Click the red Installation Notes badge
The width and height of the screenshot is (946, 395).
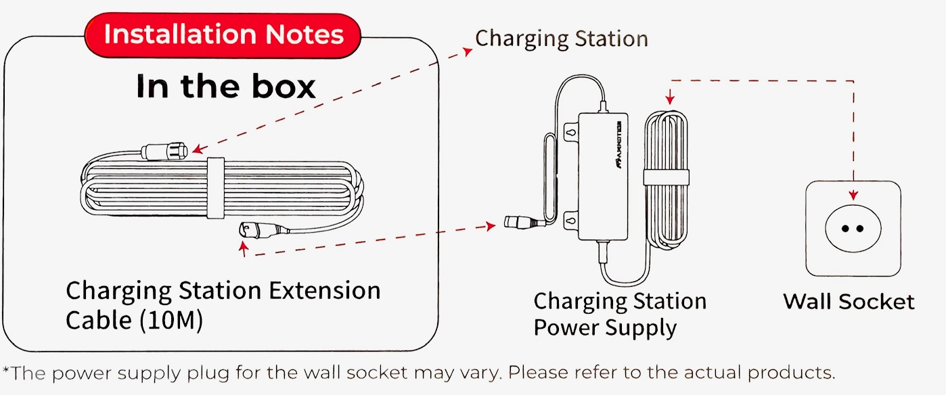click(223, 34)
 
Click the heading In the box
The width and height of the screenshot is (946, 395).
click(225, 87)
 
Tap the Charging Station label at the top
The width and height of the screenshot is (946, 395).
click(561, 39)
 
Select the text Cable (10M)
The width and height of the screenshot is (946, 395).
click(134, 321)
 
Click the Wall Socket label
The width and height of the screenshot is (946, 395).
click(849, 301)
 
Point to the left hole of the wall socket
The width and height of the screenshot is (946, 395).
click(844, 227)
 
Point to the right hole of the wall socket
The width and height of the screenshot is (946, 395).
click(862, 227)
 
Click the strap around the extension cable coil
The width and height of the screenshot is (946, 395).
click(215, 189)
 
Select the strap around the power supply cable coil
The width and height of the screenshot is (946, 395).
click(666, 178)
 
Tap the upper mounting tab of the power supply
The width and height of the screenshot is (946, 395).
click(570, 134)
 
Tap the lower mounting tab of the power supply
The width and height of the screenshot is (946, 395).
click(570, 218)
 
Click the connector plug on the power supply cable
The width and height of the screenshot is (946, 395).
click(518, 222)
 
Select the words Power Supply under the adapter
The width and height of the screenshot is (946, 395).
click(604, 328)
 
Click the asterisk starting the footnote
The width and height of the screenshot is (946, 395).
click(6, 371)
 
